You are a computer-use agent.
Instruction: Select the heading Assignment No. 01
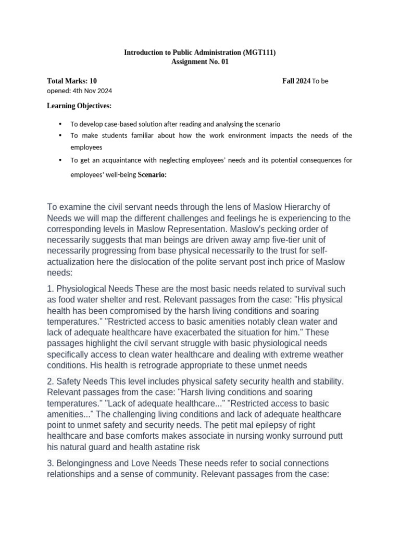coord(199,62)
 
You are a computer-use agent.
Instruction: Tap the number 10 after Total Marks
coord(93,81)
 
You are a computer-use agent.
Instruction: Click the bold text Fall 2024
coord(296,81)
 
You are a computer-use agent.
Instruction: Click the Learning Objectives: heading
coord(79,106)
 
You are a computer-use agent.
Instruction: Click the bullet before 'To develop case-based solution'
coord(60,124)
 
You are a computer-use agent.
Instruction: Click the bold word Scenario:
coord(152,175)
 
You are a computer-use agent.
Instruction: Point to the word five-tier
coord(293,239)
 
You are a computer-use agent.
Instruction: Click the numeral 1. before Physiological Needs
coord(51,289)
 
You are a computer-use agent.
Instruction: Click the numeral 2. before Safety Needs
coord(51,382)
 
